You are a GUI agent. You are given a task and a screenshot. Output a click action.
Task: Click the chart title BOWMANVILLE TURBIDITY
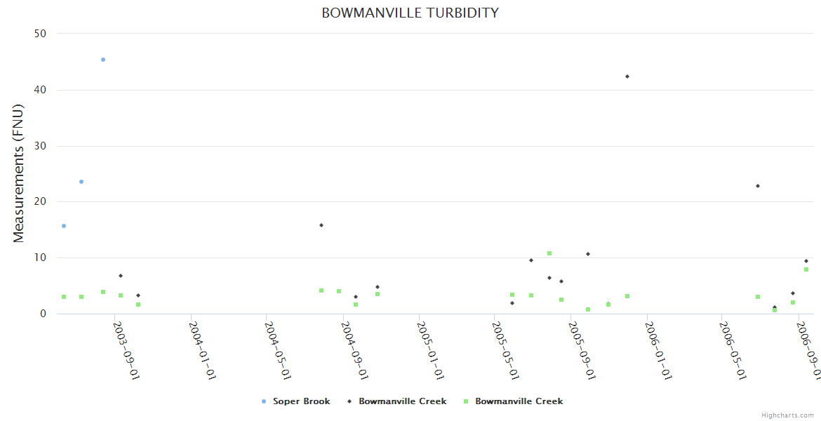pos(410,13)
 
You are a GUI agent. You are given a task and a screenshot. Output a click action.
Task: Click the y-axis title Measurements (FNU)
pos(19,173)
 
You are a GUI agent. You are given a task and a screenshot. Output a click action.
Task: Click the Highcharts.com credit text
pos(787,415)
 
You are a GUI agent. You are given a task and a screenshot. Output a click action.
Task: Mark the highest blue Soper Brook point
pos(103,60)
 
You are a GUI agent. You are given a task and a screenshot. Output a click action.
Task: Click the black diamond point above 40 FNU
pos(627,76)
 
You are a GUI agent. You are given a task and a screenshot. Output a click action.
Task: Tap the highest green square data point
pos(549,253)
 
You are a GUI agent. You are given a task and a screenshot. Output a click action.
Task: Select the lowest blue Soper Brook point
pos(64,226)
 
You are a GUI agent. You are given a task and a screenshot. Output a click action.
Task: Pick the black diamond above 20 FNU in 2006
pos(758,186)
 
